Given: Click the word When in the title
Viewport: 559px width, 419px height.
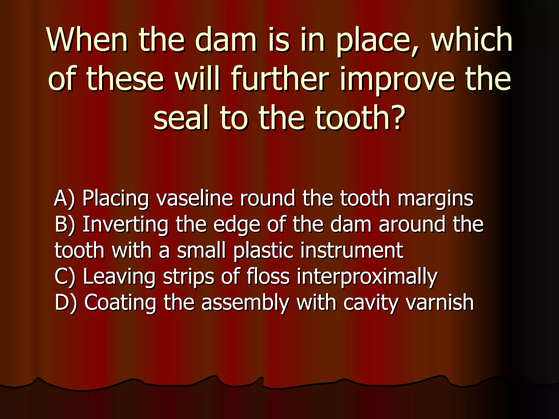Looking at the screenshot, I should tap(87, 40).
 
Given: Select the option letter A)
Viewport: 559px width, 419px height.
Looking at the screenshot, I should tap(64, 199).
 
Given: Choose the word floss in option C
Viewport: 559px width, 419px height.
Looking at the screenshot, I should tap(268, 277).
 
